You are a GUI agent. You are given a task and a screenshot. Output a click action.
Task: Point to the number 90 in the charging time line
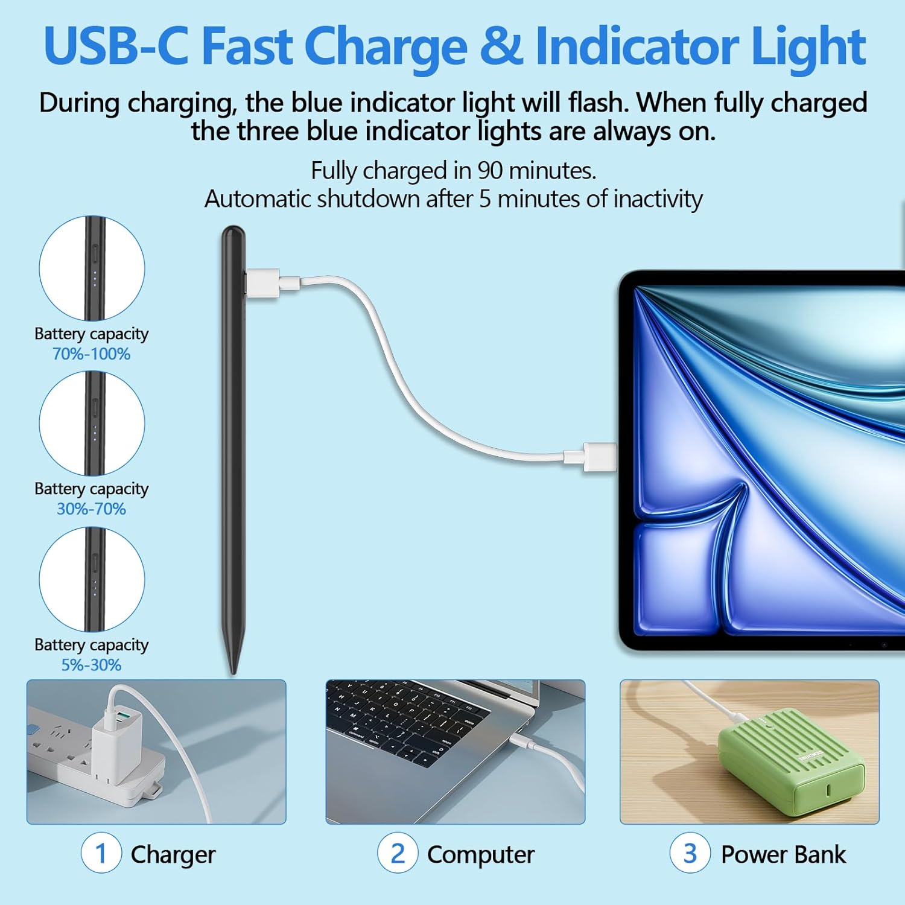(489, 171)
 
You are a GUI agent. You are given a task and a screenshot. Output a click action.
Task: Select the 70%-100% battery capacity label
(91, 354)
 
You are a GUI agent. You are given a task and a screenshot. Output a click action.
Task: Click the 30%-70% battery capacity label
(91, 509)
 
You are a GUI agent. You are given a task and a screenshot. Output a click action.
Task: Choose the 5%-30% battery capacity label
(91, 665)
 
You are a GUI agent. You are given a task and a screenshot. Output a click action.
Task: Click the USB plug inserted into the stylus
(262, 282)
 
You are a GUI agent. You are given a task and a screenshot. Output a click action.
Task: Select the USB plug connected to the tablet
(597, 457)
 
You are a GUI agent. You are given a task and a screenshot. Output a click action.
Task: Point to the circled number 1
(101, 853)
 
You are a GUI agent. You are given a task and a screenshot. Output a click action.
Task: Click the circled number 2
(398, 853)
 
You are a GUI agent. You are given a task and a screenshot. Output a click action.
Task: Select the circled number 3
(690, 853)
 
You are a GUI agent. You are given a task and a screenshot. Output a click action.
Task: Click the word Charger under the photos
(173, 855)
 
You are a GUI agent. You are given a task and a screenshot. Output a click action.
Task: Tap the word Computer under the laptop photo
(481, 855)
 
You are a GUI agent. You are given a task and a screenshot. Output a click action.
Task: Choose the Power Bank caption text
(783, 855)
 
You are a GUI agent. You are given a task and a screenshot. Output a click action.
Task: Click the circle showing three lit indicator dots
(92, 268)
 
